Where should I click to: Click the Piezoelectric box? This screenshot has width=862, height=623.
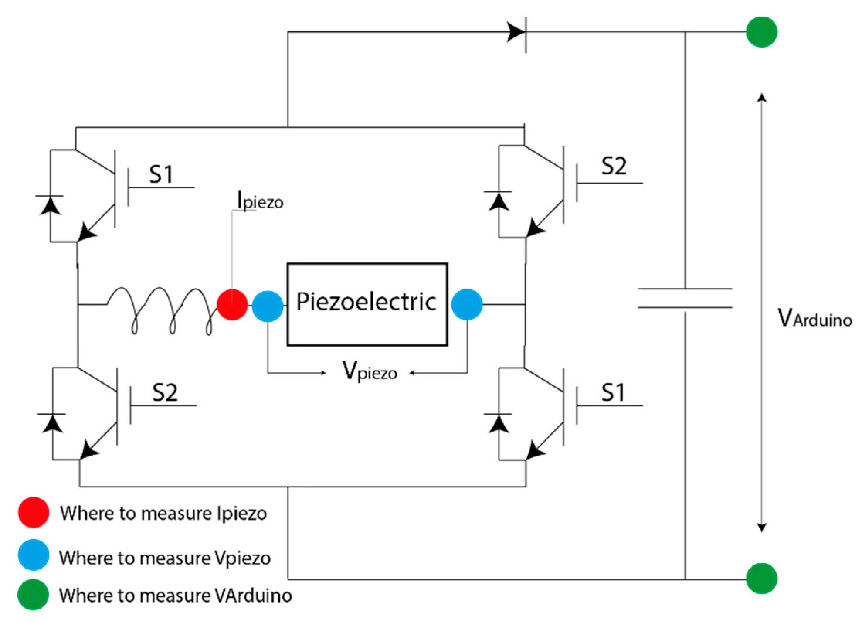tap(367, 305)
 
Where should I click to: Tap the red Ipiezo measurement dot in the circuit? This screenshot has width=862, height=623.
tap(232, 305)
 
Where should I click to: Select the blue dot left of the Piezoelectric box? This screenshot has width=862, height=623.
tap(268, 306)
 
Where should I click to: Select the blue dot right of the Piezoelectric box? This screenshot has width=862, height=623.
tap(467, 305)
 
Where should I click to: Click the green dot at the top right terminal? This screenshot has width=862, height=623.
tap(761, 32)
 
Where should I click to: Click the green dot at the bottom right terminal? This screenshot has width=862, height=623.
tap(761, 579)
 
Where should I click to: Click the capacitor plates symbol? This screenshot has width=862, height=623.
tap(685, 298)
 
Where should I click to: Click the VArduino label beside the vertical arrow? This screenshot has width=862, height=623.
tap(814, 318)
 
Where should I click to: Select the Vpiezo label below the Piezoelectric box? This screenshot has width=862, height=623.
tap(370, 371)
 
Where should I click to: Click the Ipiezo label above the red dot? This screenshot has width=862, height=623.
tap(260, 201)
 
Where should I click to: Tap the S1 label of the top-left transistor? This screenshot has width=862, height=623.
tap(161, 174)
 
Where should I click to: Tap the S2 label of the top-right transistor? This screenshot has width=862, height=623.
tap(614, 167)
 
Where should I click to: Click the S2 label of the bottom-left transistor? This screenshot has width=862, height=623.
tap(165, 393)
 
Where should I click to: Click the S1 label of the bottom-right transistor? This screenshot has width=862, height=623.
tap(613, 393)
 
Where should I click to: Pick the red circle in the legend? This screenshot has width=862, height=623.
tap(34, 512)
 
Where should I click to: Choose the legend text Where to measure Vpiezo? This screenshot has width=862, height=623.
tap(165, 558)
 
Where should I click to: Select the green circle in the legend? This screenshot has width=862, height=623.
tap(33, 595)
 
